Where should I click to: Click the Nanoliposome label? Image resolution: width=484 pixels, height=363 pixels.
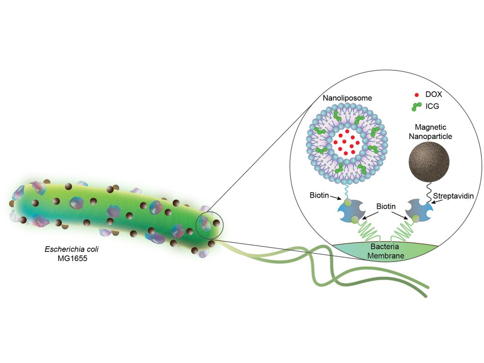347,98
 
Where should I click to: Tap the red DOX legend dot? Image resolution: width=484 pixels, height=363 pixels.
416,95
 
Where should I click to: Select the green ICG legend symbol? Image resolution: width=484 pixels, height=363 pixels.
416,106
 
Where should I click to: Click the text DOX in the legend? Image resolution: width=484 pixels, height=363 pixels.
434,95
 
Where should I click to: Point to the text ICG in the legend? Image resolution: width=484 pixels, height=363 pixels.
432,106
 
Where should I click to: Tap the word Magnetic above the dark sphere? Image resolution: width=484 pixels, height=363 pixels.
430,127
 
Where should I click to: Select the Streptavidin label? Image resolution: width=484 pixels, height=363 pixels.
453,196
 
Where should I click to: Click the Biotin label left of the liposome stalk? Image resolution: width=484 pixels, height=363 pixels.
319,195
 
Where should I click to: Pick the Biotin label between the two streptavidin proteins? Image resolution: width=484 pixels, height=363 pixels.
386,206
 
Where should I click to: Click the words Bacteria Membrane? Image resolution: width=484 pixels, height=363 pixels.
386,251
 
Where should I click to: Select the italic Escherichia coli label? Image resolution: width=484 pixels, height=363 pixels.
72,249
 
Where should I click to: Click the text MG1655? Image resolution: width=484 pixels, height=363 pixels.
72,259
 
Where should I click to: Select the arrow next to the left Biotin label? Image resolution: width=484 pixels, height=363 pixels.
335,197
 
